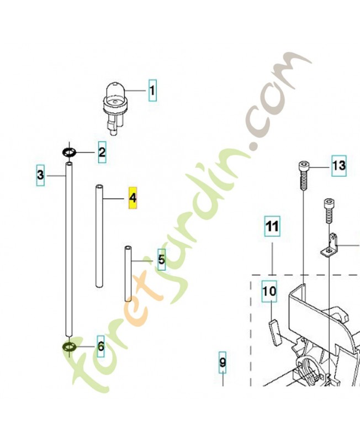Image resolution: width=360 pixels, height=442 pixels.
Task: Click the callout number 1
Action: [151, 90]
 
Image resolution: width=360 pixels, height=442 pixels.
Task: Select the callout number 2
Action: [102, 151]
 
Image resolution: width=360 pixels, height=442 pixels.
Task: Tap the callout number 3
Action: [40, 175]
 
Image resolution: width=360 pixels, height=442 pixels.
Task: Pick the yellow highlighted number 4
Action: [133, 197]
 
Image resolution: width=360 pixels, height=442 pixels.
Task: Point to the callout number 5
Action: [161, 259]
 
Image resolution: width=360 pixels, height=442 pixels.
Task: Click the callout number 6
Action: [100, 347]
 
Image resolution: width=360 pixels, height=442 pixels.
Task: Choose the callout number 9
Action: [223, 362]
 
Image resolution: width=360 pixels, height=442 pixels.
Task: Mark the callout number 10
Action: [269, 292]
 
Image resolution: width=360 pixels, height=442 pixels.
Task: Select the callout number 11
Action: [271, 226]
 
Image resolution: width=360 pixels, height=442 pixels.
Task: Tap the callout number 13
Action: [338, 165]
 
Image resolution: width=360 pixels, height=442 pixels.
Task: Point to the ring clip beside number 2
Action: [69, 152]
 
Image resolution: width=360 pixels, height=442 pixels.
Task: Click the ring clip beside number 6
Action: [69, 347]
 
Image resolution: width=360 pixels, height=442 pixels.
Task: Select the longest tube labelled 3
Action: [69, 249]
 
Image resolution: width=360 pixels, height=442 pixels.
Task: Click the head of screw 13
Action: [304, 166]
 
